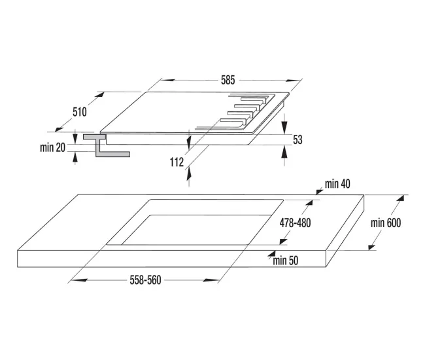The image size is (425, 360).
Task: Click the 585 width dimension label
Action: pos(228,81)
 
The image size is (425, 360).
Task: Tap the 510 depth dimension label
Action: pos(79,112)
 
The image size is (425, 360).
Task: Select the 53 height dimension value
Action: pos(297,139)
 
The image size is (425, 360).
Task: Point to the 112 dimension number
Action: pos(177,162)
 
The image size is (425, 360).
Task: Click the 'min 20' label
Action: pos(52,147)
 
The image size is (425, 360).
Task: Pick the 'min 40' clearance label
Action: pos(337,184)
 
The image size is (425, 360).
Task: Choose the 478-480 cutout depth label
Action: pos(295,223)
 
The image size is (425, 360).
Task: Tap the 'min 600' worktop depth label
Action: pos(386,223)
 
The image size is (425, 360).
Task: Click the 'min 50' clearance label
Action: pos(286,261)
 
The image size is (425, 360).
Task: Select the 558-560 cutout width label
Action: pos(145,280)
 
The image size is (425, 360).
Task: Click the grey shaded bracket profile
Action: pos(106,145)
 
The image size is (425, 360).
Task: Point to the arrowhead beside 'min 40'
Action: pos(320,192)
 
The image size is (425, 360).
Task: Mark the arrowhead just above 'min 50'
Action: pos(271,254)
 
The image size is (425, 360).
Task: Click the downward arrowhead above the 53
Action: pos(284,128)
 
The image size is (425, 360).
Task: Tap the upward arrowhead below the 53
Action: pos(284,152)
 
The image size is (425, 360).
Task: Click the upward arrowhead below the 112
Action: pos(189,173)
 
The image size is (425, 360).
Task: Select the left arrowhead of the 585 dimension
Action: pos(168,81)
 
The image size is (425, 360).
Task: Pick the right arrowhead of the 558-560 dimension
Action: pos(211,280)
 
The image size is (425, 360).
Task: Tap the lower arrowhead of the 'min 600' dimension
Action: pos(372,247)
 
